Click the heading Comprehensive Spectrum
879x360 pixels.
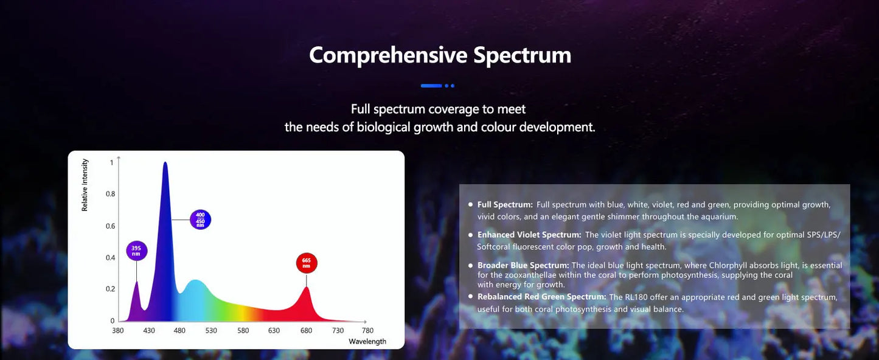(x=440, y=55)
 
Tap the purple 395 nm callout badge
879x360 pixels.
(x=137, y=251)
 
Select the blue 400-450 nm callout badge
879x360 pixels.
(x=200, y=219)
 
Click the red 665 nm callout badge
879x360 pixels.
(x=307, y=263)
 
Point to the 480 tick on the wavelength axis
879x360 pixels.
(x=180, y=330)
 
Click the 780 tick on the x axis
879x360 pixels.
(x=367, y=330)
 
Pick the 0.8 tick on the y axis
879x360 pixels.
(x=110, y=194)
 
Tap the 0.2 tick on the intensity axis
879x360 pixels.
(x=110, y=289)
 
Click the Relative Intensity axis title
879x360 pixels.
(x=85, y=185)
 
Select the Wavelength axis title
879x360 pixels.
(x=367, y=341)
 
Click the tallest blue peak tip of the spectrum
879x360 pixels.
(x=165, y=163)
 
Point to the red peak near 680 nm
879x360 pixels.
(x=306, y=288)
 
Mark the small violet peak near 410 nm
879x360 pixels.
(x=137, y=282)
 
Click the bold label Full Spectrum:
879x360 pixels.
(x=505, y=205)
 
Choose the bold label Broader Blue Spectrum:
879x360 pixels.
(x=523, y=266)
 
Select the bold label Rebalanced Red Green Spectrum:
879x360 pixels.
(x=541, y=297)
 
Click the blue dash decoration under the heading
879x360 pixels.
(x=431, y=86)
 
